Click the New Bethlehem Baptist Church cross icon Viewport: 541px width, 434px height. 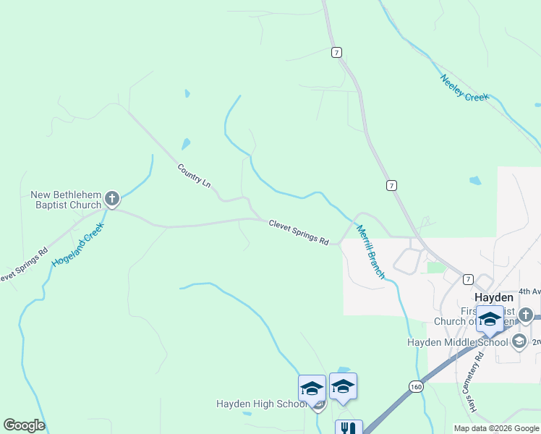111,197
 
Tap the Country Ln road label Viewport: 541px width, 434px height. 194,176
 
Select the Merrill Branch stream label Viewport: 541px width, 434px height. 370,252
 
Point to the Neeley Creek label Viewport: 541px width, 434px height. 465,88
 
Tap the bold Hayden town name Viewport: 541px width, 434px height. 494,297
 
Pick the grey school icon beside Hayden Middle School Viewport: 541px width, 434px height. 519,341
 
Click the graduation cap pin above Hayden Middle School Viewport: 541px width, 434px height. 490,319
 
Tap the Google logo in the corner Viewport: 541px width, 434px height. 24,425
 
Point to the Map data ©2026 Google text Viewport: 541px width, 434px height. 495,428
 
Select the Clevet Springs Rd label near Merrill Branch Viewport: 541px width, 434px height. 299,232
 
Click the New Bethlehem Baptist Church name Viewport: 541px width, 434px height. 66,200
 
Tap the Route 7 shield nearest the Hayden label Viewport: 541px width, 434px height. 468,279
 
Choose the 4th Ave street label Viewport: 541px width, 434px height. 529,292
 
